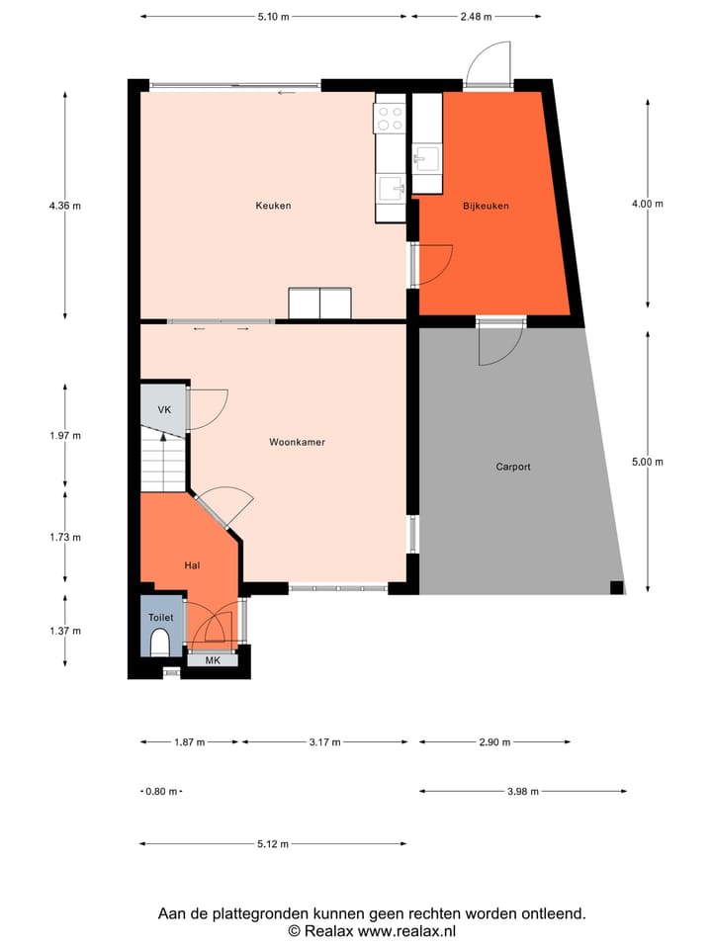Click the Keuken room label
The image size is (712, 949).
click(273, 206)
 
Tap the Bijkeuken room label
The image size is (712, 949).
click(486, 206)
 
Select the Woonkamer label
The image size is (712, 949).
click(297, 442)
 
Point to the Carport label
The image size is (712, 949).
click(513, 466)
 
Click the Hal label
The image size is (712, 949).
click(193, 564)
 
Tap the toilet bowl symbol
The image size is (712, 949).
click(160, 644)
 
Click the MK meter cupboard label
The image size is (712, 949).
click(213, 660)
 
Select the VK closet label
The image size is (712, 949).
click(164, 409)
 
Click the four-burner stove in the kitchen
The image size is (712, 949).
click(390, 119)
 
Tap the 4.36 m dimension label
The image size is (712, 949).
click(64, 206)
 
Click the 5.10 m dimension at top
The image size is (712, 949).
click(273, 16)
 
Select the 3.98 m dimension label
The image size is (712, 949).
click(523, 791)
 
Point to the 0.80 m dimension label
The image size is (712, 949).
click(160, 791)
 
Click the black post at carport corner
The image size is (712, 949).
click(616, 588)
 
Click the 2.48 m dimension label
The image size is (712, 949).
click(476, 16)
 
